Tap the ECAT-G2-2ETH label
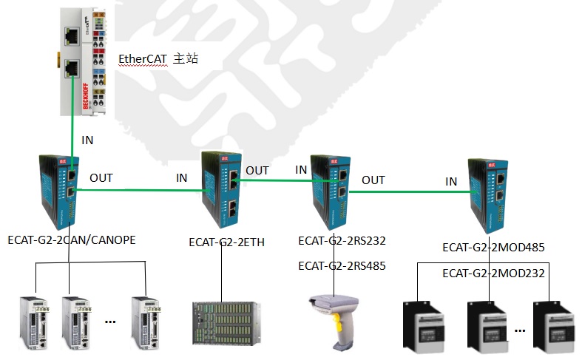pos(226,242)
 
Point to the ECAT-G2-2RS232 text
pos(342,240)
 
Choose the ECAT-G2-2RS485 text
pos(342,265)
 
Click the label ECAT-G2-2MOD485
pos(493,248)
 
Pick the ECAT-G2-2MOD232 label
pos(493,273)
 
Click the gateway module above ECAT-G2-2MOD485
pos(487,194)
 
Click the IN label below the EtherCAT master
pos(88,139)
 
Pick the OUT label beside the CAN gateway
pos(101,178)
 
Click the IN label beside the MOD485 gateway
pos(451,182)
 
